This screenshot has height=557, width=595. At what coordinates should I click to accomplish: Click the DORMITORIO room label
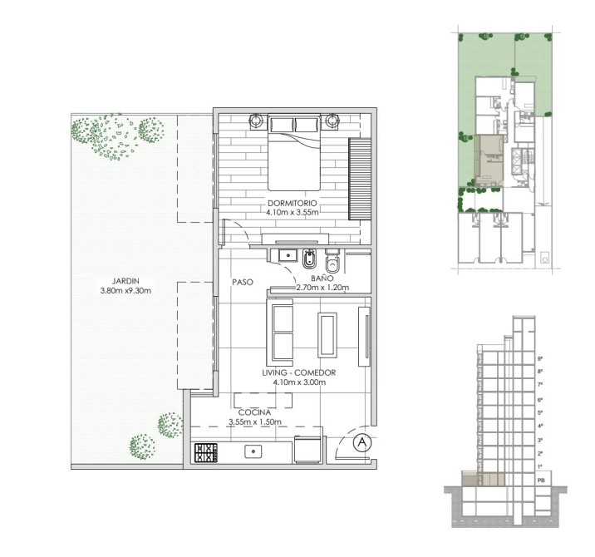pyautogui.click(x=293, y=203)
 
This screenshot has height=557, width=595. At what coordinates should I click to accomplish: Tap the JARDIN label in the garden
pyautogui.click(x=125, y=281)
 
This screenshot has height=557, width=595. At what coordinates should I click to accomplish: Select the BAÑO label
pyautogui.click(x=322, y=278)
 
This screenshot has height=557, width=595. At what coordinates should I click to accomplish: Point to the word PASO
pyautogui.click(x=243, y=282)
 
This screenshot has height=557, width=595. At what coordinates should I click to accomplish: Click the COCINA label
pyautogui.click(x=254, y=412)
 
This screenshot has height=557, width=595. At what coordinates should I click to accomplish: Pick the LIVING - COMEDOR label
pyautogui.click(x=299, y=372)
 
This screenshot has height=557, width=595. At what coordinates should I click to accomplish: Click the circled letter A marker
pyautogui.click(x=362, y=442)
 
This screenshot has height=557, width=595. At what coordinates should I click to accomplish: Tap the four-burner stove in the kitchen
pyautogui.click(x=206, y=452)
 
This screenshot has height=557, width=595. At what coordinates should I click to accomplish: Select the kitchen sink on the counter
pyautogui.click(x=253, y=451)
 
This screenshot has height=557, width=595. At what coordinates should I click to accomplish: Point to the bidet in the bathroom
pyautogui.click(x=310, y=259)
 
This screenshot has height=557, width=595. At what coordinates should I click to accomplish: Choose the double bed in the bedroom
pyautogui.click(x=293, y=152)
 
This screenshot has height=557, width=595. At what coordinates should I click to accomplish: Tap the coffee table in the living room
pyautogui.click(x=327, y=335)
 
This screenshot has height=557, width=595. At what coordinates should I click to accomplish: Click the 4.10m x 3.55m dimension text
pyautogui.click(x=293, y=213)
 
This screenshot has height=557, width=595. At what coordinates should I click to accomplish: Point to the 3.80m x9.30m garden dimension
pyautogui.click(x=125, y=291)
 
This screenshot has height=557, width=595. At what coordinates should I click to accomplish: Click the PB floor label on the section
pyautogui.click(x=541, y=481)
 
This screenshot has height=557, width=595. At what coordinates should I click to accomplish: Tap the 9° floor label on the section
pyautogui.click(x=540, y=358)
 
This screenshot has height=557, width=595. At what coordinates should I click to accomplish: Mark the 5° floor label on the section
pyautogui.click(x=540, y=412)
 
